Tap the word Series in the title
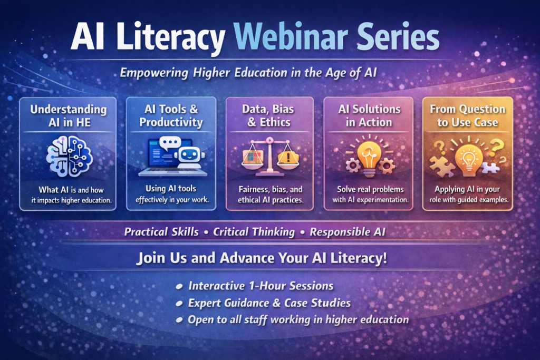(x=398, y=36)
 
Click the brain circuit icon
(x=70, y=156)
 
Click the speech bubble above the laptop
(x=170, y=143)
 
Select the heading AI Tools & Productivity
(x=171, y=115)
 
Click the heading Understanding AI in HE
(x=69, y=116)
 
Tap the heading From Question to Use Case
(x=468, y=115)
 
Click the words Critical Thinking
(x=254, y=232)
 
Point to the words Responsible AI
(x=348, y=232)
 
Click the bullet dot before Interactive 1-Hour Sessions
(x=179, y=286)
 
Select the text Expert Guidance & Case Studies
(x=269, y=303)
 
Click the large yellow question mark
(x=497, y=146)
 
